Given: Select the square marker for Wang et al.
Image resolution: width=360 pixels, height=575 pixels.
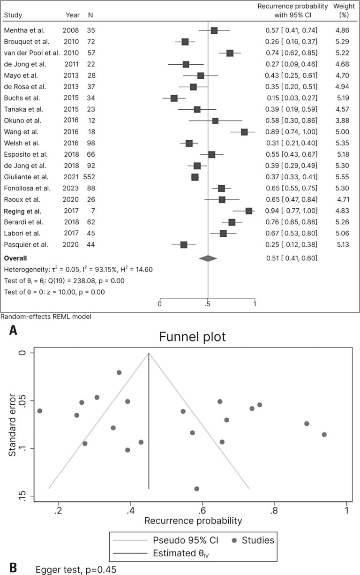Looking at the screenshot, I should (244, 132).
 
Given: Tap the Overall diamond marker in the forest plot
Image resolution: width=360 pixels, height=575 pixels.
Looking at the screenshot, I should (208, 258).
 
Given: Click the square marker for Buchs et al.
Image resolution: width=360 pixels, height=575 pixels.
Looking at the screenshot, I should (174, 98).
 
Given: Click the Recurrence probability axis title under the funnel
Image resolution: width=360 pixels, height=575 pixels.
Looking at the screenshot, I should (193, 521).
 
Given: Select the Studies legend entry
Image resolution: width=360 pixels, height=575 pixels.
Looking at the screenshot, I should (254, 541).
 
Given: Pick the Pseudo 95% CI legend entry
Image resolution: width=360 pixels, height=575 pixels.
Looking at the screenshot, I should (182, 541).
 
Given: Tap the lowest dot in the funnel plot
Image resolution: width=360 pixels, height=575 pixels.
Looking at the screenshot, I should (196, 489).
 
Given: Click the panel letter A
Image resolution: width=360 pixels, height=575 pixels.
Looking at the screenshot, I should (13, 331).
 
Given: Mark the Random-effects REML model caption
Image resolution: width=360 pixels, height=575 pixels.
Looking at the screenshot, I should (46, 317).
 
